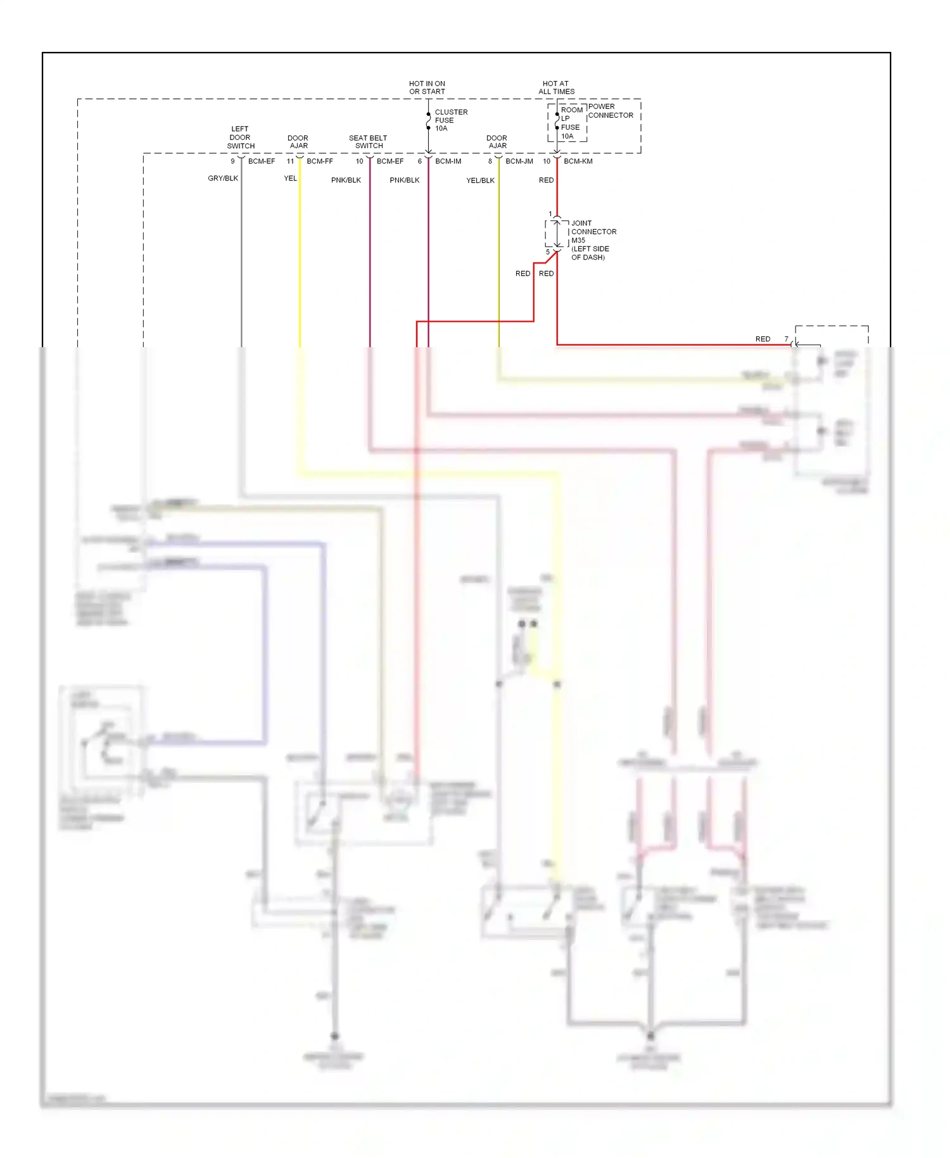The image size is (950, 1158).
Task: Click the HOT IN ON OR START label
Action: [427, 87]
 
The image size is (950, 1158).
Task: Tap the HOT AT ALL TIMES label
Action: [556, 87]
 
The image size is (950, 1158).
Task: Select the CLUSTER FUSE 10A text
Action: [450, 120]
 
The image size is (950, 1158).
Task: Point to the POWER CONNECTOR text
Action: [610, 111]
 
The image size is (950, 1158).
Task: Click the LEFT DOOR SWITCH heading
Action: [241, 137]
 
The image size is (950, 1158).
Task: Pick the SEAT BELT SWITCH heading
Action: [368, 142]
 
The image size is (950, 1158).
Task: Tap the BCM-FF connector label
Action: [320, 162]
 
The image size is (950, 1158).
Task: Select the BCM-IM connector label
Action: [448, 162]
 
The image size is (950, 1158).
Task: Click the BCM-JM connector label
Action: [519, 162]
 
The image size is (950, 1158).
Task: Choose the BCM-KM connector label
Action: [578, 162]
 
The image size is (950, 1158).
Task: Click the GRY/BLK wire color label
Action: [223, 179]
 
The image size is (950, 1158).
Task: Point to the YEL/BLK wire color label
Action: [480, 181]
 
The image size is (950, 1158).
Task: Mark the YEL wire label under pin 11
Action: [290, 179]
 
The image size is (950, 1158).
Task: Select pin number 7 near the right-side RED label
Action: [787, 339]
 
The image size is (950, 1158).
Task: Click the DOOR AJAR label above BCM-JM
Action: [497, 142]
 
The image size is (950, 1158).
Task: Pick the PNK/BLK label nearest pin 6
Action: [405, 181]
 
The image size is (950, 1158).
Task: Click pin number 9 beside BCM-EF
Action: [232, 162]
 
